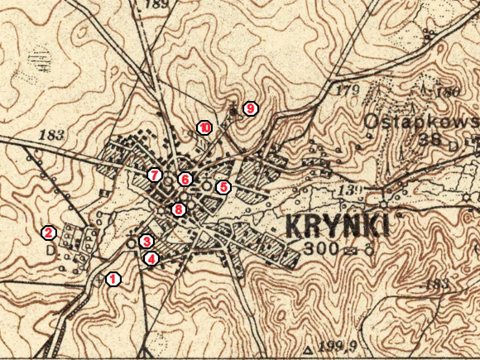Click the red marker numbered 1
point(113,279)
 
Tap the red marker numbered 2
point(50,233)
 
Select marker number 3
point(146,241)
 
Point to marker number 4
point(151,259)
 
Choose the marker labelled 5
point(223,187)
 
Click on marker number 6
point(185,179)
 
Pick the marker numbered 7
point(154,175)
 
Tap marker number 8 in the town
point(178,209)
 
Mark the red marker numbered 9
point(250,108)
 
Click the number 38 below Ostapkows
point(431,139)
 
